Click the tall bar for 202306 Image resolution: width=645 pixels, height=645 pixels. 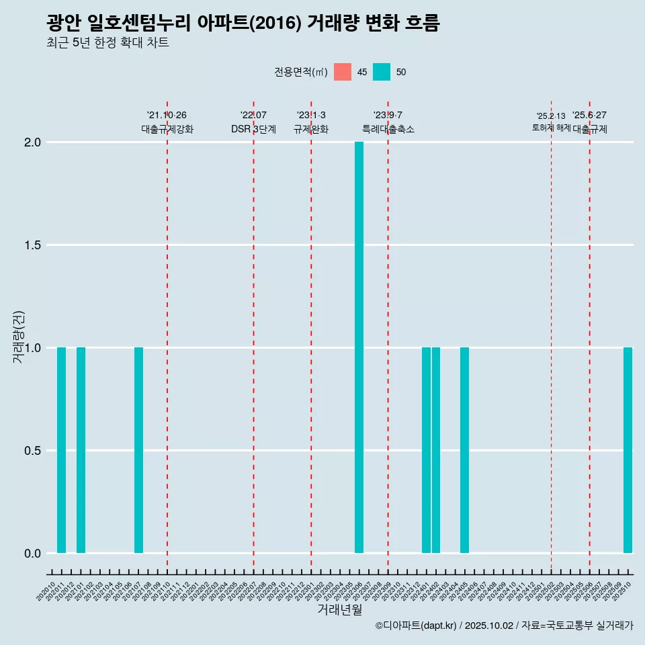359,347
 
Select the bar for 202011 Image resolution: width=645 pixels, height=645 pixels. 61,450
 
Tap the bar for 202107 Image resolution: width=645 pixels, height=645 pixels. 138,450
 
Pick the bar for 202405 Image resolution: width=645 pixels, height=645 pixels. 464,450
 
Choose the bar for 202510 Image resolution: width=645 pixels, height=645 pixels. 628,450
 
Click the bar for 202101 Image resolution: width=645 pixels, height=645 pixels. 81,450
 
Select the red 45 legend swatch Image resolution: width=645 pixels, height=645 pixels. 343,72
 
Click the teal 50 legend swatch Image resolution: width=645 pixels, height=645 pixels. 382,72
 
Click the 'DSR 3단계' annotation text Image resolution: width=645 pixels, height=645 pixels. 253,130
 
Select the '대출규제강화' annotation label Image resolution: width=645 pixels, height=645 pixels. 167,130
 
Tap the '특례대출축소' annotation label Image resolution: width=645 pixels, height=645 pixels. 388,130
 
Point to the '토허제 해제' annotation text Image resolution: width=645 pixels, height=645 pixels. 551,128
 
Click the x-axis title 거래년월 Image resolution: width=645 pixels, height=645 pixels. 339,609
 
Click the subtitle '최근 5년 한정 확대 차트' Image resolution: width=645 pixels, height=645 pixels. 107,43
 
